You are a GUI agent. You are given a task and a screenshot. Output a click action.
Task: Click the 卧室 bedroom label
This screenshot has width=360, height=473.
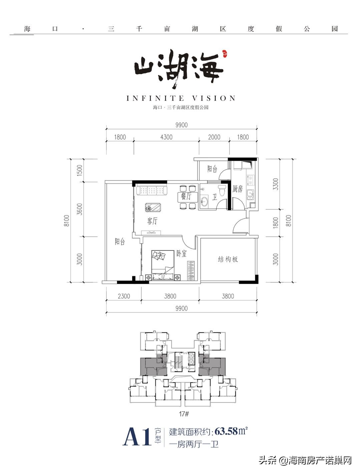click(x=181, y=254)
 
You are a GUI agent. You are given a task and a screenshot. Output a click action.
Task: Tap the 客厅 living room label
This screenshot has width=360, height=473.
click(x=152, y=221)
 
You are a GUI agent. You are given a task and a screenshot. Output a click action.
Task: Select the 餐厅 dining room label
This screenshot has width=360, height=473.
click(x=186, y=196)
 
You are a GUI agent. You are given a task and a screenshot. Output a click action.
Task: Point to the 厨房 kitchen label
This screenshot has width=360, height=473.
click(x=238, y=189)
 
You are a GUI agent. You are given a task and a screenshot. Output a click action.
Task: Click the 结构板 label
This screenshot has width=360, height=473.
click(x=228, y=259)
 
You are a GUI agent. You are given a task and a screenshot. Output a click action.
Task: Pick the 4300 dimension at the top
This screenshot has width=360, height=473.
click(x=166, y=137)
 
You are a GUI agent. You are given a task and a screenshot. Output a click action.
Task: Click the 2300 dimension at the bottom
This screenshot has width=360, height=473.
click(x=123, y=296)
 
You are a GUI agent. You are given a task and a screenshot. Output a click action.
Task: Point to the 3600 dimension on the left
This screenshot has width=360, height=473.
click(x=79, y=209)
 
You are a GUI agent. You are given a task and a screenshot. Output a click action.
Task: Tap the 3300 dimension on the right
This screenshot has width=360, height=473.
click(x=275, y=184)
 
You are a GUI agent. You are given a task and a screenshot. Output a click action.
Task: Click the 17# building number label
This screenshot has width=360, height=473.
click(x=184, y=414)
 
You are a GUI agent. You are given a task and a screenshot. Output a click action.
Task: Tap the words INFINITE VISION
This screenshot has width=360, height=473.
click(x=181, y=98)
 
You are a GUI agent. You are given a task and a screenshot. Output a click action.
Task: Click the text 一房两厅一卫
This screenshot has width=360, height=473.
click(x=194, y=445)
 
